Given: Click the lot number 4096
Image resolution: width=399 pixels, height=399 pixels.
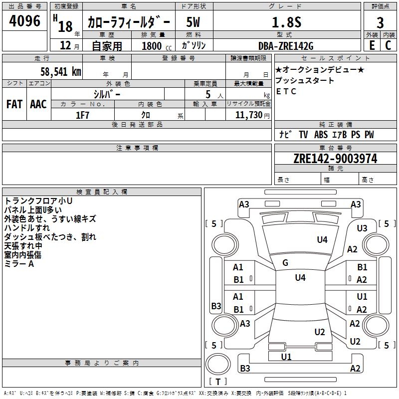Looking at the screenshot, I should pyautogui.click(x=25, y=21).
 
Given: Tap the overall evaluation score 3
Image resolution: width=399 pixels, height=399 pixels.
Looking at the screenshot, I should pyautogui.click(x=380, y=22).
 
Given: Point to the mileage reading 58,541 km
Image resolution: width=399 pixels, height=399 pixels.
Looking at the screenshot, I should pyautogui.click(x=60, y=71).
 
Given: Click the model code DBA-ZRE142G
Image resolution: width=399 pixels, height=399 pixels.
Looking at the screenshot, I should pyautogui.click(x=286, y=46).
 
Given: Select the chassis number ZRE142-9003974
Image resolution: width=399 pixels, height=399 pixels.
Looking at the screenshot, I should pyautogui.click(x=335, y=159).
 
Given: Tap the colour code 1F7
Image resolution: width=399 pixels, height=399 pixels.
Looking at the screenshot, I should pyautogui.click(x=83, y=115).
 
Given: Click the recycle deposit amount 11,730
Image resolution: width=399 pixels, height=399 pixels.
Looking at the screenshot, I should pyautogui.click(x=250, y=115).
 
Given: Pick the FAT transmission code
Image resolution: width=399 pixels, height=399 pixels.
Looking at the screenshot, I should pyautogui.click(x=14, y=104).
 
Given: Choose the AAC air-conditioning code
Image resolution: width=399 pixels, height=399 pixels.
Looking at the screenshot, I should pyautogui.click(x=38, y=104).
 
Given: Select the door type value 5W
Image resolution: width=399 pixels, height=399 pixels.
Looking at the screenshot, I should pyautogui.click(x=193, y=22).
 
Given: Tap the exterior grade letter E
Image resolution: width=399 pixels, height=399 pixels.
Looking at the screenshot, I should pyautogui.click(x=372, y=45).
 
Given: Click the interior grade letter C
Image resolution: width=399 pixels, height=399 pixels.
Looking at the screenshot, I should pyautogui.click(x=388, y=45).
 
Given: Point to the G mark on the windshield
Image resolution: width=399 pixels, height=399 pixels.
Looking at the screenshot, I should pyautogui.click(x=285, y=263).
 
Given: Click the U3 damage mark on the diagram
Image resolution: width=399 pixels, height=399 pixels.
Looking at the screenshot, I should pyautogui.click(x=362, y=228).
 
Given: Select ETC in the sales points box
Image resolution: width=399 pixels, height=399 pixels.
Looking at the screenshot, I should pyautogui.click(x=286, y=91).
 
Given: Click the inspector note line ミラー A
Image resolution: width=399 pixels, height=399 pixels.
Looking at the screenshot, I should pyautogui.click(x=19, y=264).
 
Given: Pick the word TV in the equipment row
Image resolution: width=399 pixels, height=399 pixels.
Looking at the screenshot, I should pyautogui.click(x=303, y=135).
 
